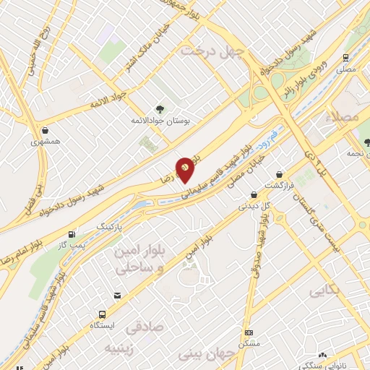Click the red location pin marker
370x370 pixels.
click(186, 168)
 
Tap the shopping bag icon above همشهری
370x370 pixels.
click(46, 131)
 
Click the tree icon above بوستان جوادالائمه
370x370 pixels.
click(160, 110)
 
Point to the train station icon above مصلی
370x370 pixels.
click(348, 56)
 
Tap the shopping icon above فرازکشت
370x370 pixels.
click(280, 174)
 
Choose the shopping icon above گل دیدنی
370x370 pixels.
click(254, 194)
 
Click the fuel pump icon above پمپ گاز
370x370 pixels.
click(71, 235)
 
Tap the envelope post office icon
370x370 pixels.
click(117, 296)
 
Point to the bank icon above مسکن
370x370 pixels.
click(249, 332)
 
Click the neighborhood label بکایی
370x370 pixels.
click(325, 291)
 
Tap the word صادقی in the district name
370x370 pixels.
click(145, 327)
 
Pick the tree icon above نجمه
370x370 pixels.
click(363, 143)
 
